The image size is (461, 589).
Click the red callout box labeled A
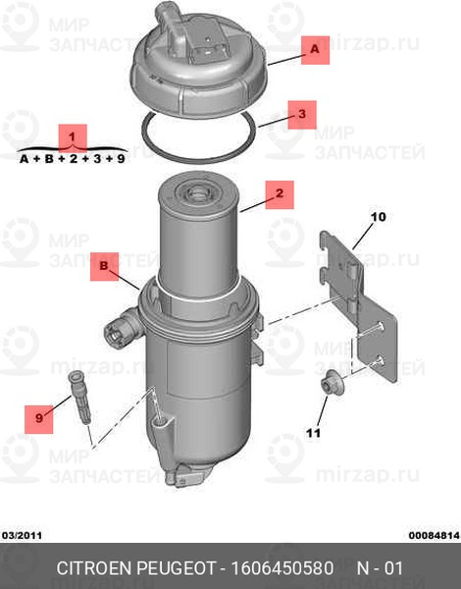pyautogui.click(x=315, y=50)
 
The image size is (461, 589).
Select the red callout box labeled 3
pyautogui.click(x=302, y=115)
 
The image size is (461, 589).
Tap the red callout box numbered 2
pyautogui.click(x=280, y=194)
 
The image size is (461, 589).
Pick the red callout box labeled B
pyautogui.click(x=104, y=267)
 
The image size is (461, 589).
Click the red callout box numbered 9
pyautogui.click(x=38, y=419)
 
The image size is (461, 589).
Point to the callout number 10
pyautogui.click(x=378, y=217)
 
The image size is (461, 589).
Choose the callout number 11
pyautogui.click(x=313, y=433)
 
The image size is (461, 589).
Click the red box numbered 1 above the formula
pyautogui.click(x=73, y=137)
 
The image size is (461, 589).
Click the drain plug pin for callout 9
pyautogui.click(x=79, y=397)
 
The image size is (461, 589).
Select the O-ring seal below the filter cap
pyautogui.click(x=199, y=136)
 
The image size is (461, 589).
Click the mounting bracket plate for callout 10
pyautogui.click(x=359, y=304)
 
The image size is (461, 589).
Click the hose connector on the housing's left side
pyautogui.click(x=121, y=327)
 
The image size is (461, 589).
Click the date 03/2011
pyautogui.click(x=22, y=535)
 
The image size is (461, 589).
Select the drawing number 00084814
pyautogui.click(x=434, y=535)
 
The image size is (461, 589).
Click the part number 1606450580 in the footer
pyautogui.click(x=282, y=568)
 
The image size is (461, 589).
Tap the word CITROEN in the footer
pyautogui.click(x=94, y=568)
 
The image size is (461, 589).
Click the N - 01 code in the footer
pyautogui.click(x=380, y=568)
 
